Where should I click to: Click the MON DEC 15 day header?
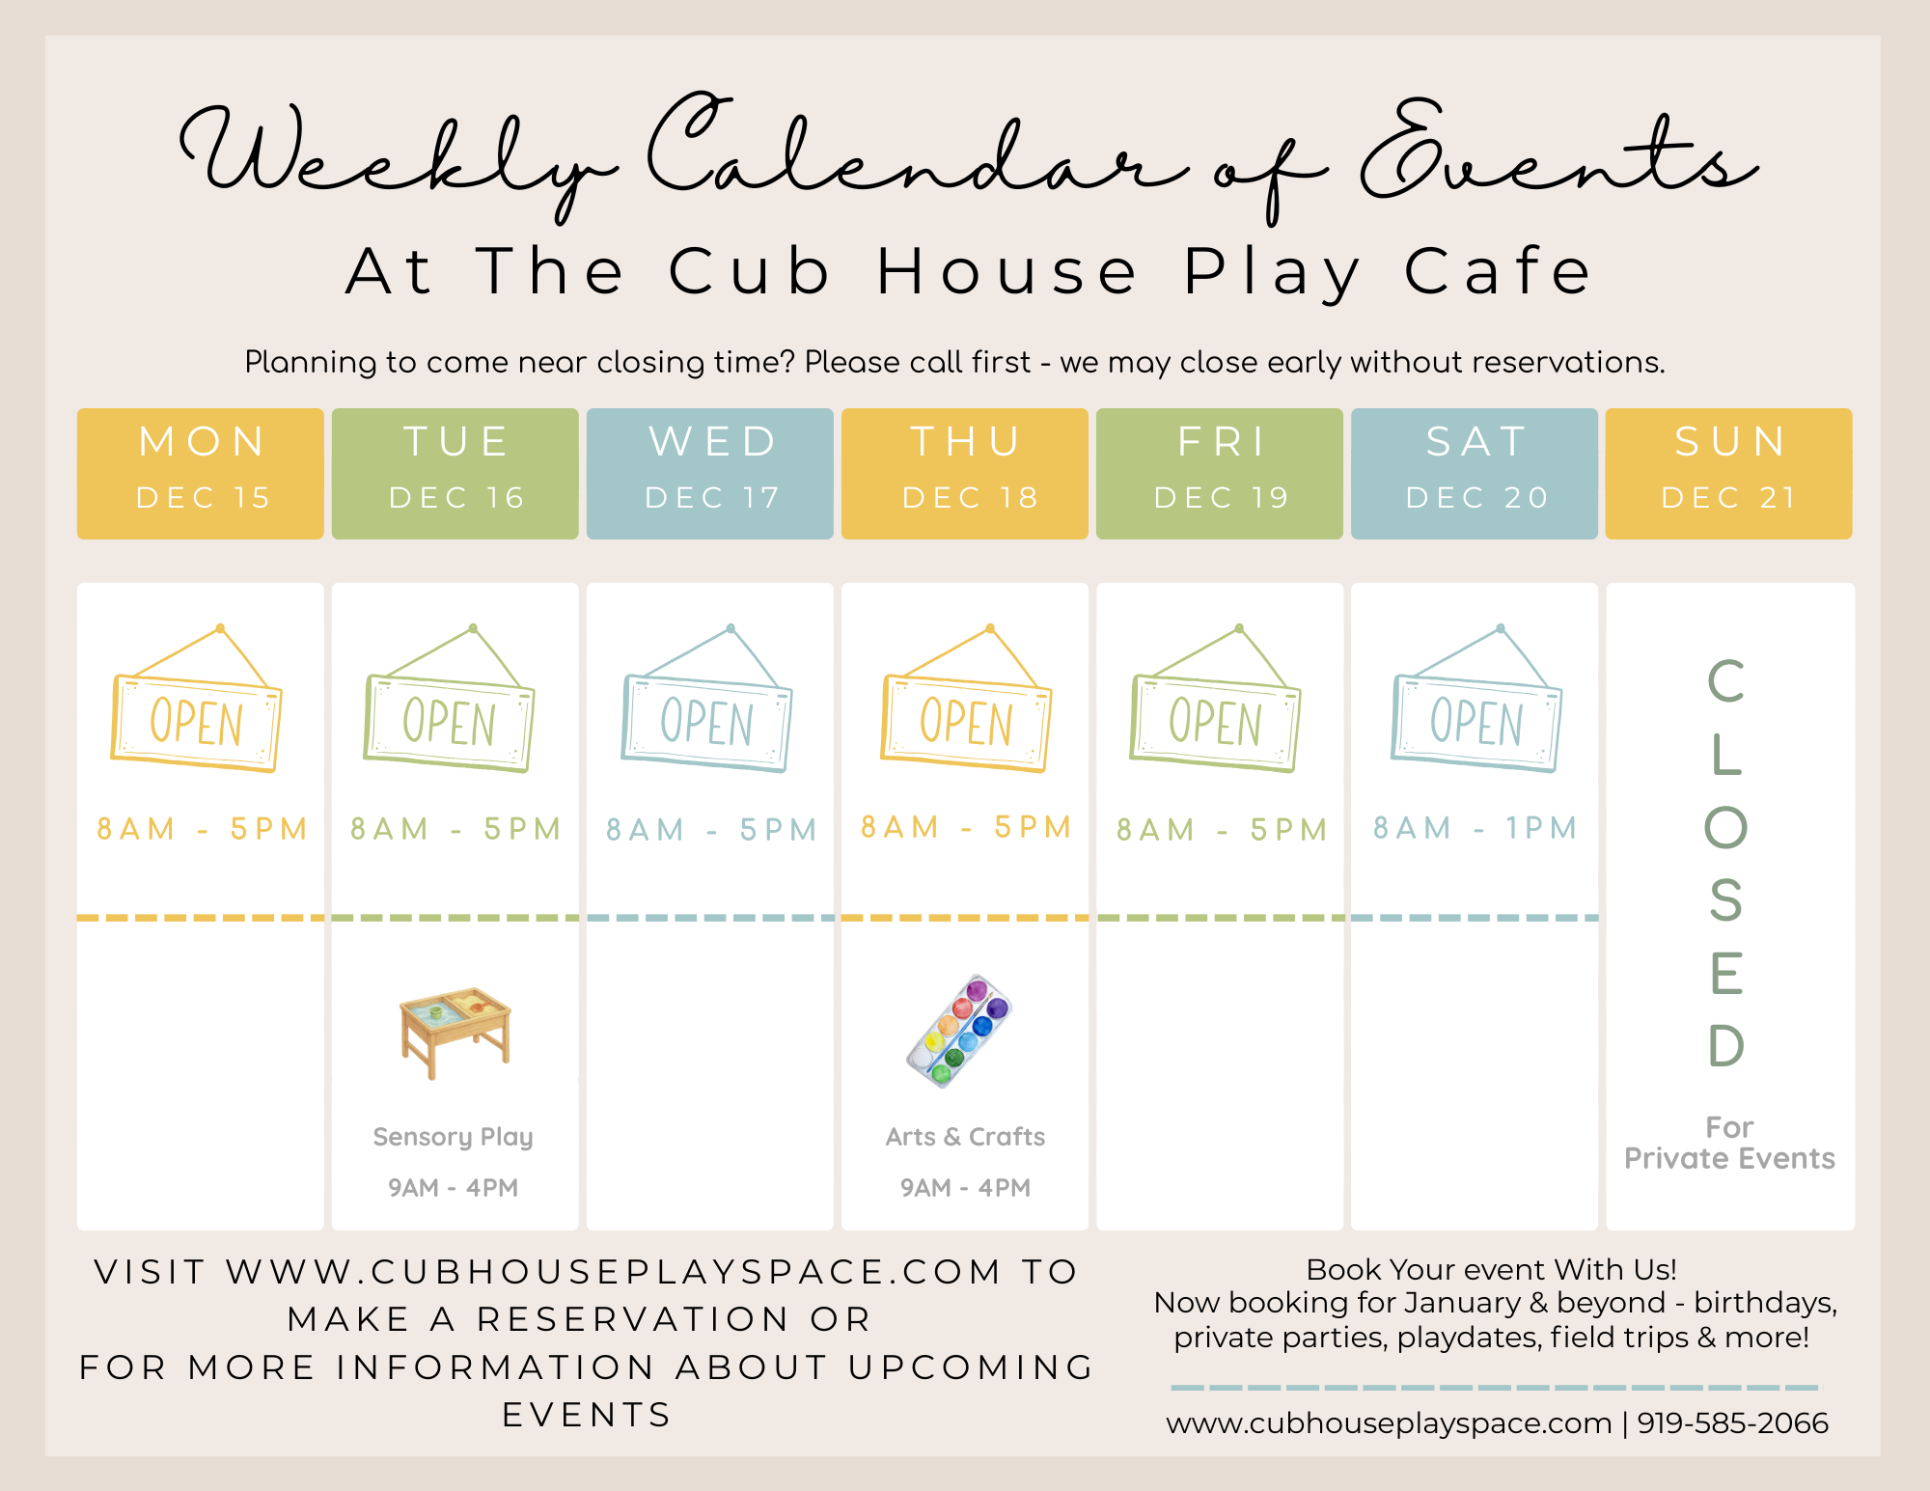coord(201,473)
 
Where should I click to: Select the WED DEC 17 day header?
coord(710,473)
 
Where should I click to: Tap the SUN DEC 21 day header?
coord(1729,473)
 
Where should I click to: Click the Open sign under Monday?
coord(197,699)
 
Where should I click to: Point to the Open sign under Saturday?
coord(1476,699)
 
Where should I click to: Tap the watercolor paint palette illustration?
coord(959,1031)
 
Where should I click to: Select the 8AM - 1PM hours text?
coord(1475,828)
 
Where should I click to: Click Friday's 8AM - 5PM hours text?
coord(1222,830)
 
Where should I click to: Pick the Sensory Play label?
coord(453,1138)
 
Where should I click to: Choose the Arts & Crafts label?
coord(965,1137)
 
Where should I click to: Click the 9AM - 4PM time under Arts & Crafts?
coord(965,1188)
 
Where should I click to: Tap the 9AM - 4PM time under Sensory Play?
coord(453,1188)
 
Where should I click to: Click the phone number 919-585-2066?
coord(1732,1422)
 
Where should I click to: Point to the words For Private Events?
coord(1729,1143)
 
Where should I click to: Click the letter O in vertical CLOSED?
coord(1726,827)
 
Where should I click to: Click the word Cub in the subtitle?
coord(749,271)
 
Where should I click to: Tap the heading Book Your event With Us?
coord(1491,1269)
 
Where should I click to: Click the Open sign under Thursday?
coord(966,699)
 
